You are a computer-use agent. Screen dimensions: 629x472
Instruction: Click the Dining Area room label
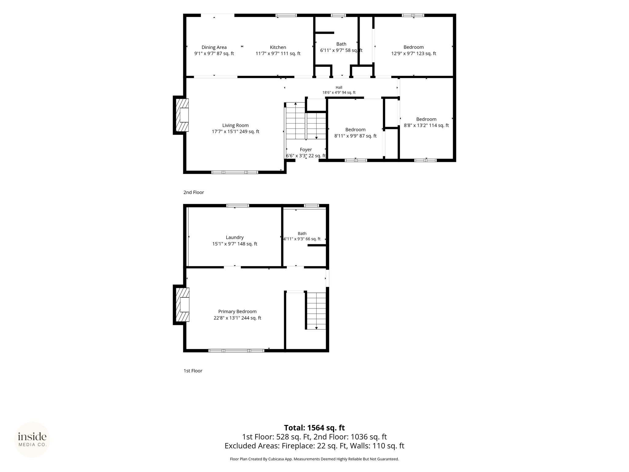[x=214, y=47]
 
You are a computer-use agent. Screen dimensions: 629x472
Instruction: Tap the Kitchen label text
[x=278, y=47]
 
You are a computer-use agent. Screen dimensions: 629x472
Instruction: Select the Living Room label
[x=236, y=125]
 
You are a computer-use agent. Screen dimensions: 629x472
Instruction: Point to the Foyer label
[x=306, y=150]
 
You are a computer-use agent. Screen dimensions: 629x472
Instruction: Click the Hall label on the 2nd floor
[x=339, y=88]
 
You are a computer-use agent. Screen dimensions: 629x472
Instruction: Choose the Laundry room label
[x=235, y=238]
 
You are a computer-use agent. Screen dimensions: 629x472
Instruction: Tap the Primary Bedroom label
[x=237, y=312]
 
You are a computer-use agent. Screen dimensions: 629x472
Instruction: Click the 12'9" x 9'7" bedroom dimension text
[x=414, y=53]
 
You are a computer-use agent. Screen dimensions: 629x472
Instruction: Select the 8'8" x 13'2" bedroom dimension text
[x=426, y=125]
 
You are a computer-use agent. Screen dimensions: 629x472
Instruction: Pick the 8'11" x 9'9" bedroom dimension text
[x=355, y=136]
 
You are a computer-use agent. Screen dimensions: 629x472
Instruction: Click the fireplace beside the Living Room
[x=181, y=115]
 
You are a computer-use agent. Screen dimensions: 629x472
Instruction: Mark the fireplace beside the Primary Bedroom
[x=181, y=305]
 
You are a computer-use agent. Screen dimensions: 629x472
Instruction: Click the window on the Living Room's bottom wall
[x=235, y=172]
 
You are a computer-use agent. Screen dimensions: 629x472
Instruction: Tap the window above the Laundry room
[x=238, y=206]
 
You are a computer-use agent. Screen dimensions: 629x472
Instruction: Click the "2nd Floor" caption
[x=194, y=192]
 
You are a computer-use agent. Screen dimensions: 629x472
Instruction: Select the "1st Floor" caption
[x=193, y=371]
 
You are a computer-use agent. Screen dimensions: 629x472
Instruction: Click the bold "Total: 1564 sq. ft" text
[x=314, y=428]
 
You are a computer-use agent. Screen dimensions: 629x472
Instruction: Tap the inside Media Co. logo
[x=32, y=440]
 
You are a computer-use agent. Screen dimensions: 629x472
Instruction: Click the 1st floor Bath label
[x=302, y=234]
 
